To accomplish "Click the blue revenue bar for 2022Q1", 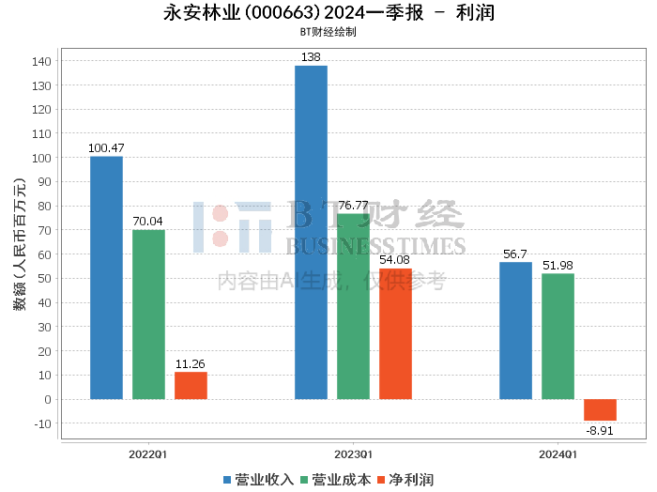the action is coord(106,278).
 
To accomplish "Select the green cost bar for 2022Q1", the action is coord(148,315).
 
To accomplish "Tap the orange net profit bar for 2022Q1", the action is coord(191,386).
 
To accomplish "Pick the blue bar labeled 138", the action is coord(312,233).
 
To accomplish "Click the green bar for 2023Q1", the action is coord(354,306).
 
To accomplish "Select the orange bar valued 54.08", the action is coord(395,334).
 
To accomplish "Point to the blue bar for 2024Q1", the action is coord(516,331).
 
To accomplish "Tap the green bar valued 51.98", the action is coord(558,336).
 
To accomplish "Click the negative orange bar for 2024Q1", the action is coord(601,410).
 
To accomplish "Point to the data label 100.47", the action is coord(106,148).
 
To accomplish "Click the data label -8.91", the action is coord(600,431).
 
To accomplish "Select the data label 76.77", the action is coord(353,206).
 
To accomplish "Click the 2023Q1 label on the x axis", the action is coord(353,454).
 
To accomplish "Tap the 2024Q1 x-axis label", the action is coord(558,454).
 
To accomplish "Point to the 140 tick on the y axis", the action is coord(41,62).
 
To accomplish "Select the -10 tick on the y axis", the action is coord(43,423).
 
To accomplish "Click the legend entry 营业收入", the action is coord(258,480).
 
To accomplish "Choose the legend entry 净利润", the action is coord(405,480).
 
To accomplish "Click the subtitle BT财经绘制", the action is coord(328,32).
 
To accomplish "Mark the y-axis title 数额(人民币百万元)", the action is coord(20,244).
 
